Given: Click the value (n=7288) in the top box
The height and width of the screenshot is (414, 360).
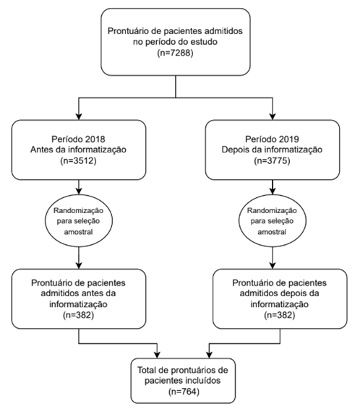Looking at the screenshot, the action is tap(176, 53).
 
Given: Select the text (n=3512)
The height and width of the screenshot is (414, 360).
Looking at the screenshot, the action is tap(79, 160).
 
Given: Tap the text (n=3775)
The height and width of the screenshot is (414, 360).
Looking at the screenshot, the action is tap(272, 160).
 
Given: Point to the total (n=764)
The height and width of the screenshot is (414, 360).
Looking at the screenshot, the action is tap(184, 392).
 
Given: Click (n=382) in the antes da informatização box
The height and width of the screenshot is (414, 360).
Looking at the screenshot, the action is tap(79, 315).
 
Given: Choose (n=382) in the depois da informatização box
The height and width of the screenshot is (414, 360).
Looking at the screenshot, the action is tap(280, 315).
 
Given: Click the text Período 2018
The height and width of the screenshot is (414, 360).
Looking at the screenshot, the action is tap(79, 139).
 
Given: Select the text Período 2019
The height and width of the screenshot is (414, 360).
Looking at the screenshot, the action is tap(272, 139).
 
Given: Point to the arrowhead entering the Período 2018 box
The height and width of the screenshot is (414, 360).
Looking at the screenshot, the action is tap(79, 117).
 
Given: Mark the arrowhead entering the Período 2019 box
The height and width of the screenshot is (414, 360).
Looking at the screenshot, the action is tap(273, 117).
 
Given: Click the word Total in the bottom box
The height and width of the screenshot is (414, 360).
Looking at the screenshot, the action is tap(146, 370).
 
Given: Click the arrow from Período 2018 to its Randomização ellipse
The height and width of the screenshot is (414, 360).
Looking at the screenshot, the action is tap(79, 187).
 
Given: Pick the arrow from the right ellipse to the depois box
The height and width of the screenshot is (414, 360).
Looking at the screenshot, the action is tap(273, 258).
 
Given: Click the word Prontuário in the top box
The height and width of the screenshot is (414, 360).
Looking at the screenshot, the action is tap(128, 31).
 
